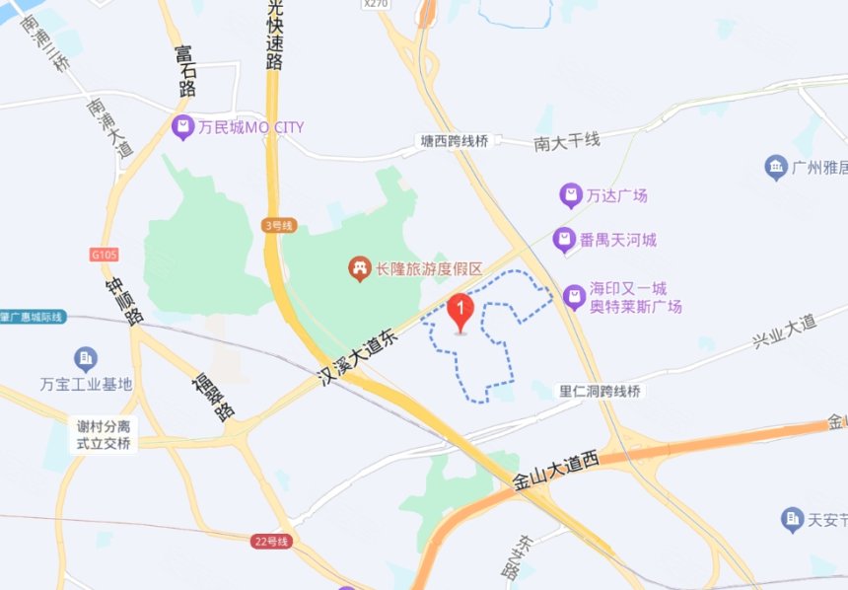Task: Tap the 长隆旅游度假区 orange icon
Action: (x=359, y=267)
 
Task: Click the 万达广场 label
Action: (x=617, y=195)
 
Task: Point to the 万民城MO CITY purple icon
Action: (x=181, y=126)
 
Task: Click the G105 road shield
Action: (x=105, y=255)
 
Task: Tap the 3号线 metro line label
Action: (x=279, y=226)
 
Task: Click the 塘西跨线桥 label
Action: (x=454, y=142)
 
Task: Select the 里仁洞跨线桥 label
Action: (x=600, y=392)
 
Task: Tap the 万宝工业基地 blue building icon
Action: (x=86, y=358)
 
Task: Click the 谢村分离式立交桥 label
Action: (x=105, y=435)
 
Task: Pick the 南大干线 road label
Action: (x=567, y=142)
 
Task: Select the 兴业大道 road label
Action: (x=785, y=331)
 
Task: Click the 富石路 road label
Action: (x=185, y=69)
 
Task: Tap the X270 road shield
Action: (x=376, y=4)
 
